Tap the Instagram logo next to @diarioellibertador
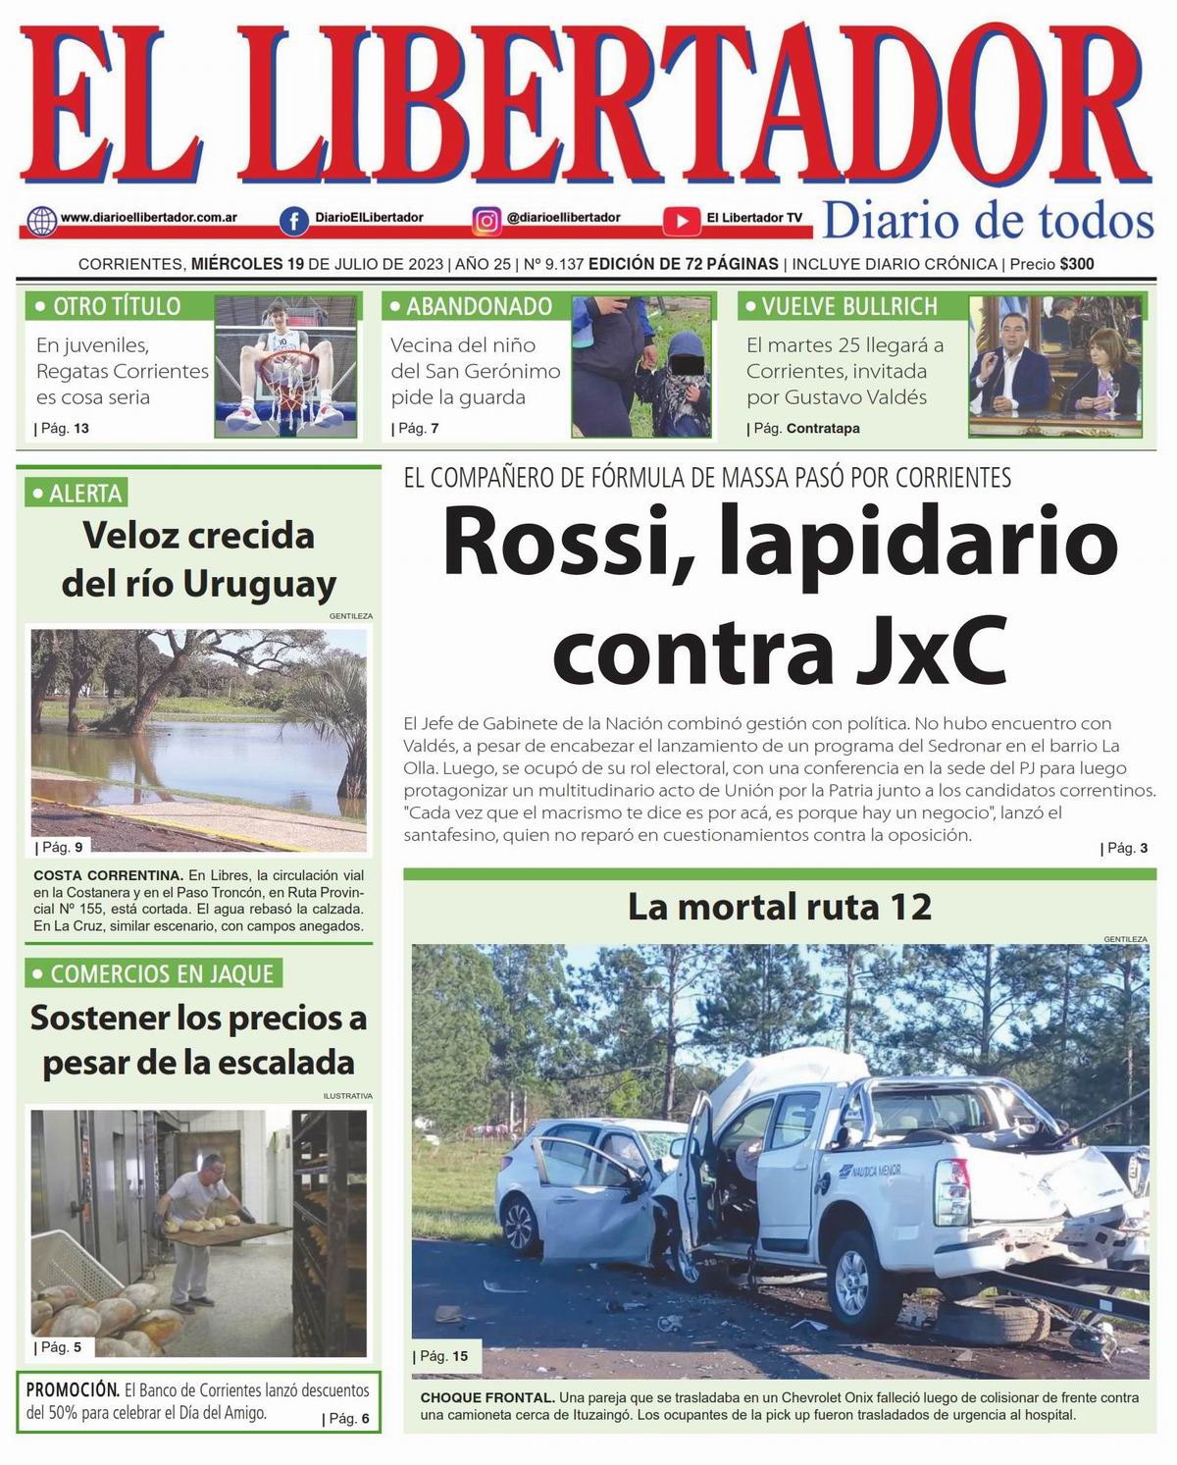click(x=486, y=221)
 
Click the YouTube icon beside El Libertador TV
click(x=681, y=221)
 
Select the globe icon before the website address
click(x=42, y=221)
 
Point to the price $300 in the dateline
click(x=1076, y=264)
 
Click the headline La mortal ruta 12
click(x=779, y=907)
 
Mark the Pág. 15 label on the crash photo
click(x=443, y=1357)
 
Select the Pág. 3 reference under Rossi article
click(x=1126, y=848)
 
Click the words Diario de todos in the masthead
click(x=988, y=221)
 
